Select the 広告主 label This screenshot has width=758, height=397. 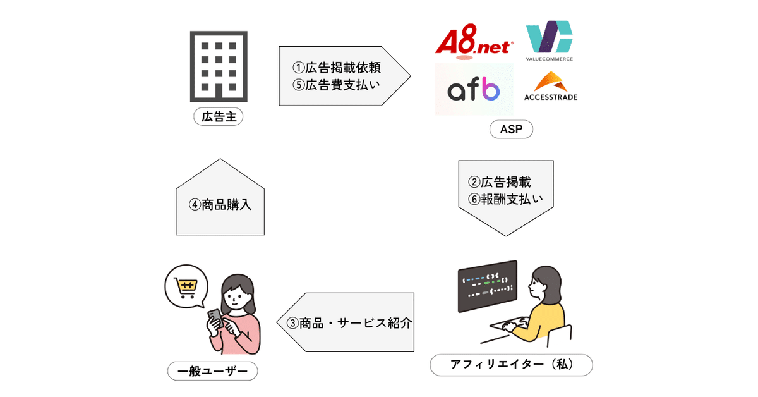[x=218, y=117]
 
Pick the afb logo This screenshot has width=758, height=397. [x=474, y=90]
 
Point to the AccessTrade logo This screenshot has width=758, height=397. [x=550, y=87]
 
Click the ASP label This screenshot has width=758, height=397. [x=511, y=130]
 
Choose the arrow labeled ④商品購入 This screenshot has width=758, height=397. [x=220, y=204]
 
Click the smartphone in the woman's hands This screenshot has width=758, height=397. [x=215, y=318]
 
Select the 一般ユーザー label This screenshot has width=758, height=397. [x=212, y=370]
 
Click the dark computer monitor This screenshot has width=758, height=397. [x=488, y=286]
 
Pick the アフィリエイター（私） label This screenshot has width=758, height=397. [x=511, y=365]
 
